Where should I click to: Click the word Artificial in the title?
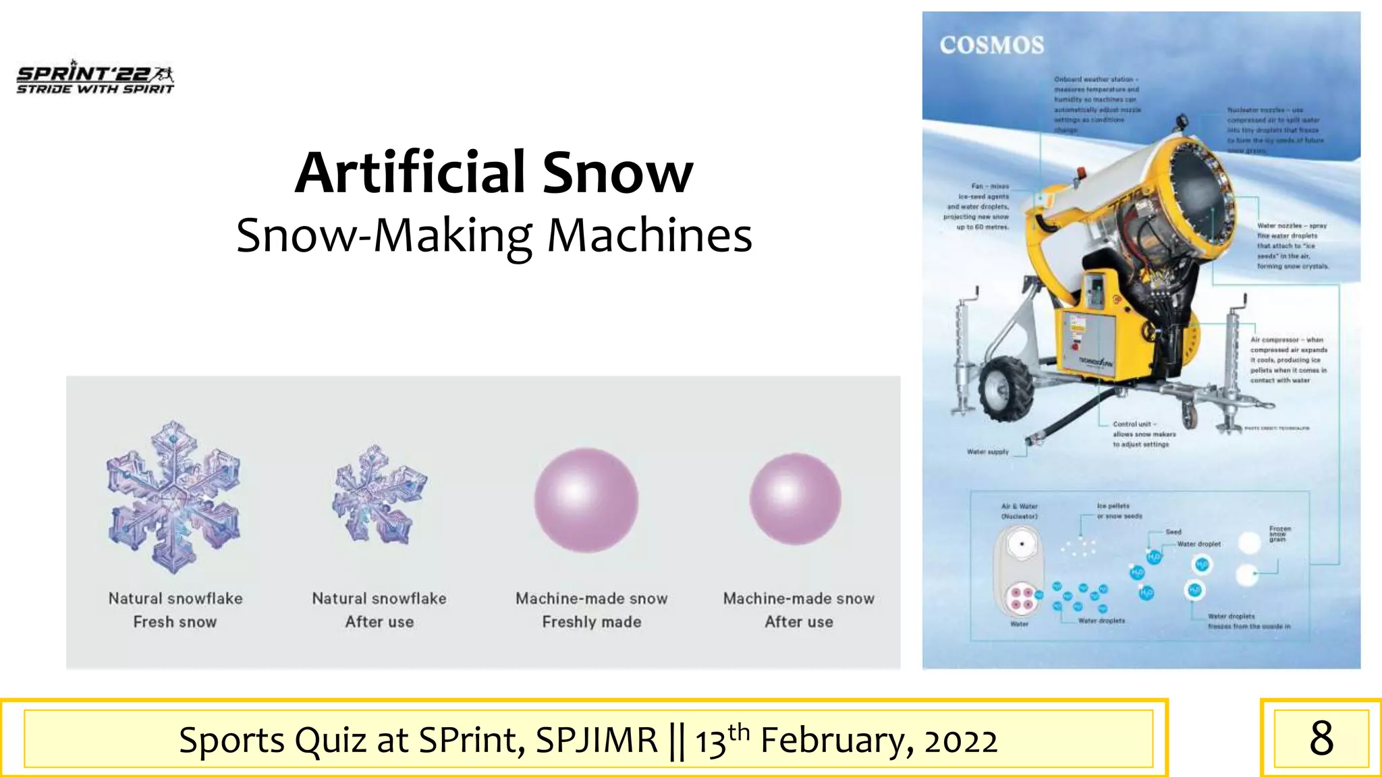coord(410,173)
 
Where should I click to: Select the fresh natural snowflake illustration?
coord(174,498)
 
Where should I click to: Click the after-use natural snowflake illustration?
coord(379,496)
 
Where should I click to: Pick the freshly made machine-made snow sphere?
coord(586,500)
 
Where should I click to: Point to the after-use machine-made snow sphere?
coord(795,499)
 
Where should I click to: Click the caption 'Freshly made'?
coord(591,622)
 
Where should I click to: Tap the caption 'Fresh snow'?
coord(175,622)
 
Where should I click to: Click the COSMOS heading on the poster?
coord(991,45)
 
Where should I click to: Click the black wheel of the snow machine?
coord(1007,391)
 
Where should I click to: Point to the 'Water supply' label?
coord(987,452)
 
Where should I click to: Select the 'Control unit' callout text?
coord(1143,434)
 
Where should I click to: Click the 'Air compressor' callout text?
coord(1288,360)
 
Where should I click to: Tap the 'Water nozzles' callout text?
coord(1292,246)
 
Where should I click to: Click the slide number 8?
coord(1321,739)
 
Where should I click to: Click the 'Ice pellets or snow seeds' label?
coord(1118,511)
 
